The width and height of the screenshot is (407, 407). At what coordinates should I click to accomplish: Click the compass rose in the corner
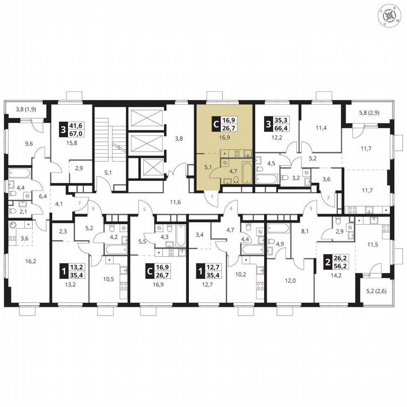[391, 16]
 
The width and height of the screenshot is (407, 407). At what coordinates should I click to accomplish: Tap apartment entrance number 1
[212, 195]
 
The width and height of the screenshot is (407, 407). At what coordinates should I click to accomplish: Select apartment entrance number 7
[80, 203]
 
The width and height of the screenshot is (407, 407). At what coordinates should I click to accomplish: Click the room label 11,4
[321, 128]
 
